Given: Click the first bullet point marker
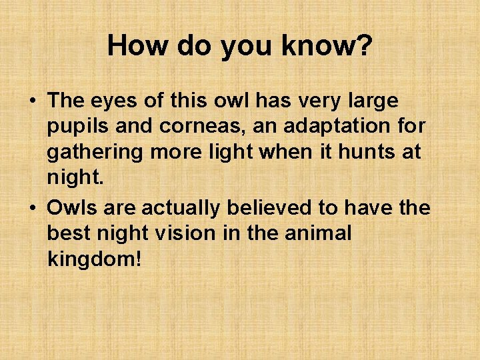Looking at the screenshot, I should coord(32,102).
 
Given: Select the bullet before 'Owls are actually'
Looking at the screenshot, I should coord(32,209).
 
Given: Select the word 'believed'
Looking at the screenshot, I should coord(271,208).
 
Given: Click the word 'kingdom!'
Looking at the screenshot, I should coord(95,259).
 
